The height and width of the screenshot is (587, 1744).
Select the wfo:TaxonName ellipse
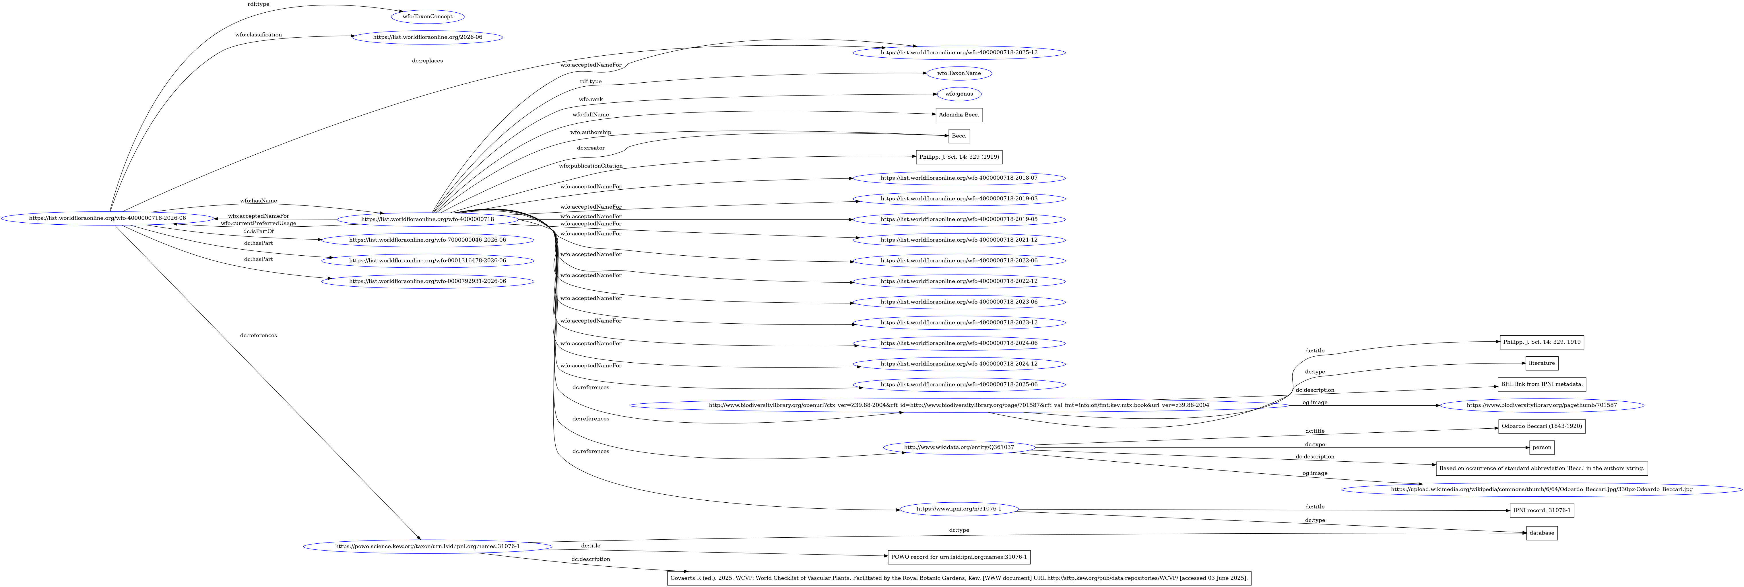pyautogui.click(x=959, y=73)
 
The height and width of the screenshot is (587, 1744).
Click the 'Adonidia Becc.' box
pyautogui.click(x=959, y=115)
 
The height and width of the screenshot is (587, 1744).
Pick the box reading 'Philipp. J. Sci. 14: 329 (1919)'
pyautogui.click(x=959, y=157)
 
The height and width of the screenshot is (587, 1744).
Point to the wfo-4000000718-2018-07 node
pyautogui.click(x=959, y=178)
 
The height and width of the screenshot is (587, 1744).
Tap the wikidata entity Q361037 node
pyautogui.click(x=959, y=448)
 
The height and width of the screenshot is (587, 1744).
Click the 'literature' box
pyautogui.click(x=1542, y=364)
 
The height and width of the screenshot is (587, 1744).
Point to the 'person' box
pyautogui.click(x=1542, y=448)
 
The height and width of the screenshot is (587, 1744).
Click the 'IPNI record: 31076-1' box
pyautogui.click(x=1542, y=510)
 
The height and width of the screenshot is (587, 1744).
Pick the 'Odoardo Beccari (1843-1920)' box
pyautogui.click(x=1542, y=427)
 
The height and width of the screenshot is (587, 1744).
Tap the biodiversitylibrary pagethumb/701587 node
pyautogui.click(x=1542, y=406)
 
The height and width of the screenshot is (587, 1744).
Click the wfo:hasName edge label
pyautogui.click(x=259, y=201)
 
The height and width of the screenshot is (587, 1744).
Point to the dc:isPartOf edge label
pyautogui.click(x=259, y=232)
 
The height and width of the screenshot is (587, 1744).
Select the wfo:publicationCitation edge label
pyautogui.click(x=590, y=166)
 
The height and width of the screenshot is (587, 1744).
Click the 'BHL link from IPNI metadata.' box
pyautogui.click(x=1542, y=384)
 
